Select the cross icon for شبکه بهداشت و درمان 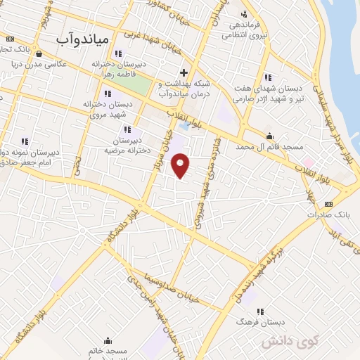(184, 72)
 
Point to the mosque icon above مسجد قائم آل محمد (269, 136)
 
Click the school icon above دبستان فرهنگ (260, 311)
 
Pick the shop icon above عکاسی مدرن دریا (37, 53)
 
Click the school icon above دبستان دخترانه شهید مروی (107, 94)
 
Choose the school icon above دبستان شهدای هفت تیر (267, 77)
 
